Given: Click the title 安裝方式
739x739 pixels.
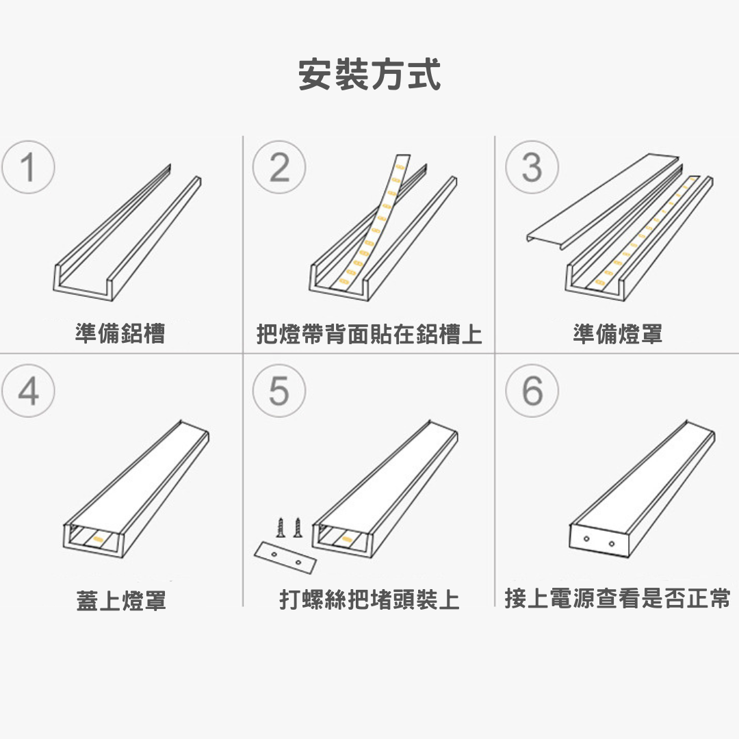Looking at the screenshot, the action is coord(369,75).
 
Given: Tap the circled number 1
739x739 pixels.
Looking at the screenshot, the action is coord(28,167).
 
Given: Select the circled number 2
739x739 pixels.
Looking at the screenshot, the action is coord(279,167).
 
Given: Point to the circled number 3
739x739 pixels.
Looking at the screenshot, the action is coord(532,167).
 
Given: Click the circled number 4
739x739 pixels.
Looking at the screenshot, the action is coord(28,391).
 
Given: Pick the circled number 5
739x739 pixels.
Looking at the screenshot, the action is coord(279,391).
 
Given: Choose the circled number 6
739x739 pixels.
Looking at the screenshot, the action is coord(532,391).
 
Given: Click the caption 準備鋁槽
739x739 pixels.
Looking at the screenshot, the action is coord(120,333).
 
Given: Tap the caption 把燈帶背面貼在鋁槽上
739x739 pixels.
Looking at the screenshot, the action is coord(369,334).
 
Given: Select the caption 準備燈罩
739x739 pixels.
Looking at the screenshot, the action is coord(617,333).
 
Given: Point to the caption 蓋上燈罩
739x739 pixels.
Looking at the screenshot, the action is coord(121,601).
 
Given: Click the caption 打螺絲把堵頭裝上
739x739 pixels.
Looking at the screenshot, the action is coord(369,599).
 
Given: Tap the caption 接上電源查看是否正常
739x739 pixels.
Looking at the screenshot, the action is coord(617,599).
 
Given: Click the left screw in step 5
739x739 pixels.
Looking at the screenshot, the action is coord(281,528).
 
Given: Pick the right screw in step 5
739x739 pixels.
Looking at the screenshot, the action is coord(298,528).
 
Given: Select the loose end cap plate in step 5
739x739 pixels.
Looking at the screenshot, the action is coord(285,558).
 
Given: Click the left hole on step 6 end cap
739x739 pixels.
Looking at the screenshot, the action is coord(587,539).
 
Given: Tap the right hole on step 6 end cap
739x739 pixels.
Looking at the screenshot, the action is coord(611,544).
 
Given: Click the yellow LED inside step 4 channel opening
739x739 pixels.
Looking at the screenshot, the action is coord(99,537).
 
